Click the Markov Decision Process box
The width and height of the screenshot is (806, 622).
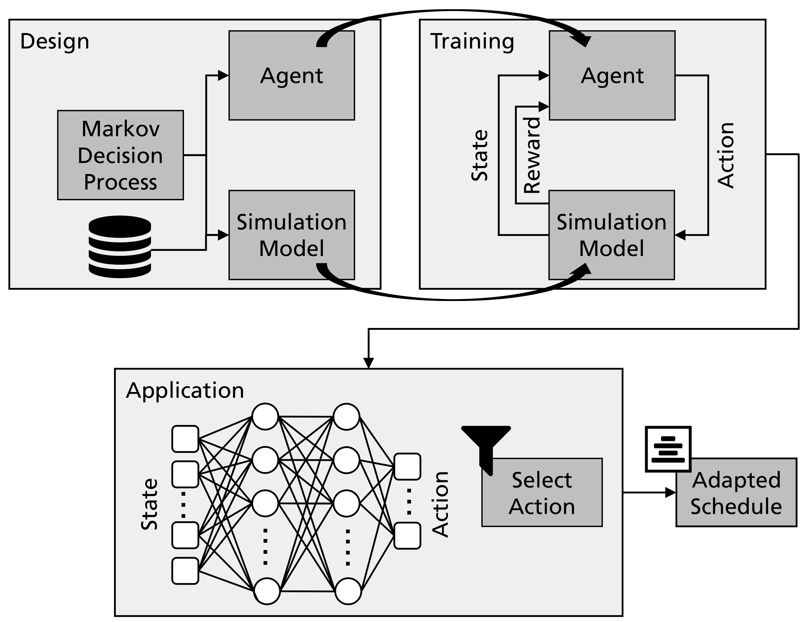[x=120, y=155]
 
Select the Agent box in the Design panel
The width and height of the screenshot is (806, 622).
[x=291, y=75]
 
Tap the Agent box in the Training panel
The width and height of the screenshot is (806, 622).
[x=612, y=75]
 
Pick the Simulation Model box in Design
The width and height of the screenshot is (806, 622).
[x=291, y=235]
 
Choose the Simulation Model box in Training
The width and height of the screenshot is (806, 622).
[x=611, y=235]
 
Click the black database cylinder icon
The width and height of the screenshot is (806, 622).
[x=120, y=246]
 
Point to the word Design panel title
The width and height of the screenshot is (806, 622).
[x=54, y=41]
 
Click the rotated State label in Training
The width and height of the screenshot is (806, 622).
[x=480, y=155]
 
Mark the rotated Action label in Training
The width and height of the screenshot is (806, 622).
[x=725, y=155]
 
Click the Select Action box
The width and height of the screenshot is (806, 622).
[x=542, y=492]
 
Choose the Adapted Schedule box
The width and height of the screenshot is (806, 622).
[x=736, y=492]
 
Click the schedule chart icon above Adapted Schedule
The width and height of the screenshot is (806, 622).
[x=668, y=449]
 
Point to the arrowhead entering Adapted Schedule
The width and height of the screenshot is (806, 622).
[x=670, y=492]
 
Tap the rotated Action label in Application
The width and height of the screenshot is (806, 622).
[x=440, y=504]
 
